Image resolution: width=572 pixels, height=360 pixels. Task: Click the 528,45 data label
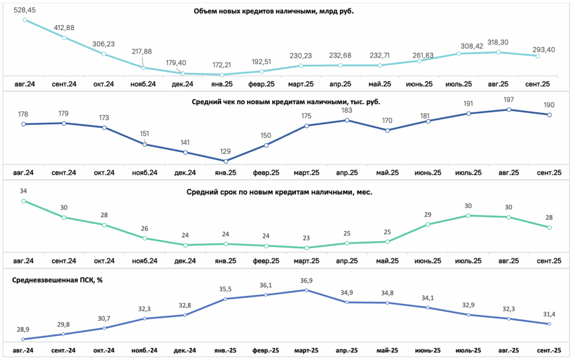click(25, 10)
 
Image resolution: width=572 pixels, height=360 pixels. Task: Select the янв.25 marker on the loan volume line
click(222, 75)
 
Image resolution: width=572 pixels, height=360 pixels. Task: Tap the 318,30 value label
click(498, 42)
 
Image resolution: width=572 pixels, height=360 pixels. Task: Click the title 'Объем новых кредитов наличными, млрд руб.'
click(274, 11)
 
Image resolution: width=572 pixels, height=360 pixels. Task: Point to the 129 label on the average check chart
click(226, 152)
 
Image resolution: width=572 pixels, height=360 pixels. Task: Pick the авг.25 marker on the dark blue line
click(509, 109)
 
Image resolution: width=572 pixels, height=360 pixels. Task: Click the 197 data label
click(508, 100)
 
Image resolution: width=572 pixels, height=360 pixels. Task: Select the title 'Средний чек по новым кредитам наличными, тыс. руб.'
click(285, 102)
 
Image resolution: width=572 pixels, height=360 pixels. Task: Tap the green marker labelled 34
click(23, 201)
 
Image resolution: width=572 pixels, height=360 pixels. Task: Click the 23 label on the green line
click(306, 238)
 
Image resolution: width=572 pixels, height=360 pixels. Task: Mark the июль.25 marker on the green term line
click(469, 215)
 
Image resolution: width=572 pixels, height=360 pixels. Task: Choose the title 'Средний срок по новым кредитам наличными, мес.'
click(279, 193)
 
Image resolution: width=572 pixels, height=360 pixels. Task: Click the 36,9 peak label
click(307, 281)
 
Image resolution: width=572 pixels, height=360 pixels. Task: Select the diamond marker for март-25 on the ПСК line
click(307, 290)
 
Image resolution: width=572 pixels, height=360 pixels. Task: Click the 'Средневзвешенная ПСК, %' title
click(58, 280)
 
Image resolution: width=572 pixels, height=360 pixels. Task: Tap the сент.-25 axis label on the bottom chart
click(550, 351)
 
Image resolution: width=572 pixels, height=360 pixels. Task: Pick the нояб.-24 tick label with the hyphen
click(145, 351)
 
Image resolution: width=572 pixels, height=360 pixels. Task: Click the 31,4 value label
click(549, 314)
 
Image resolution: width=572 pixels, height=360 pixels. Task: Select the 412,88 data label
click(64, 28)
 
